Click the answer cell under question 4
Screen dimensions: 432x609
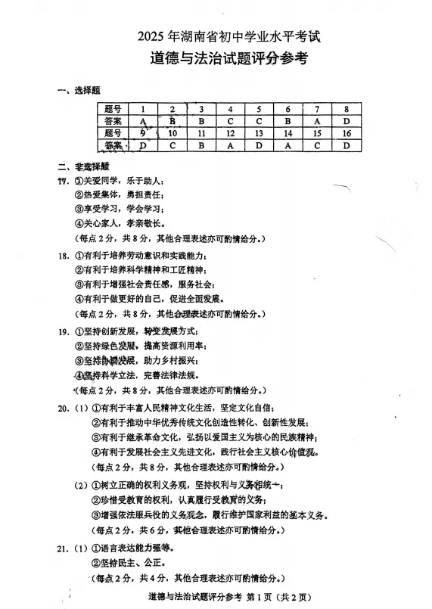click(x=230, y=121)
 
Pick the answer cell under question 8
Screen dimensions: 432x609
click(x=347, y=121)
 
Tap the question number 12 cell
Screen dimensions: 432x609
click(x=230, y=133)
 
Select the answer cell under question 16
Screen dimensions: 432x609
click(x=347, y=145)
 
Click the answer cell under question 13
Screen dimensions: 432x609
click(x=259, y=145)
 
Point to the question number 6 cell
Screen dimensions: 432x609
click(x=288, y=109)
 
